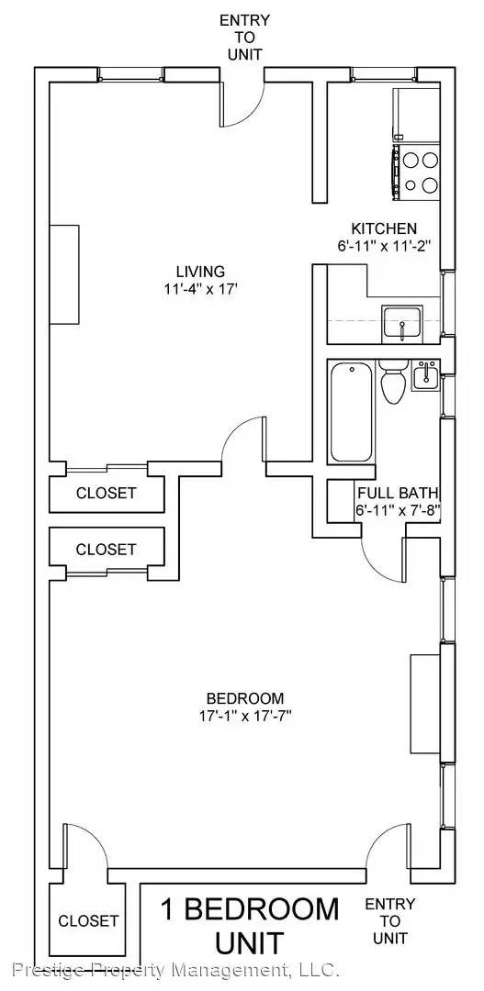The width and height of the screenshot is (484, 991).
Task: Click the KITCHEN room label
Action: pyautogui.click(x=384, y=228)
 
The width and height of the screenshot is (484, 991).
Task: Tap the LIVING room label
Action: pyautogui.click(x=200, y=272)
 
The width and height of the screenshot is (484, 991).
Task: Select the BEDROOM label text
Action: pyautogui.click(x=245, y=698)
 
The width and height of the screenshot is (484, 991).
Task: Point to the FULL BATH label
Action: pyautogui.click(x=398, y=493)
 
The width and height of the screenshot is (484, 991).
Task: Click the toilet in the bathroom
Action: pyautogui.click(x=392, y=382)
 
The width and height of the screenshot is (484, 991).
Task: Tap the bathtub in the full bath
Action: pyautogui.click(x=351, y=411)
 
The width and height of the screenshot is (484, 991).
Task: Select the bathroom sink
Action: pyautogui.click(x=424, y=375)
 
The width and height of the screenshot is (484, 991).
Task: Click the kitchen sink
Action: pyautogui.click(x=402, y=324)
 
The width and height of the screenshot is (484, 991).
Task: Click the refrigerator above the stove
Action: pyautogui.click(x=416, y=115)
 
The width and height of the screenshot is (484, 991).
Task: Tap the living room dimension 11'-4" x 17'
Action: pyautogui.click(x=200, y=289)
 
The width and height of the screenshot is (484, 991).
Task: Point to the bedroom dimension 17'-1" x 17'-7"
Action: pyautogui.click(x=245, y=716)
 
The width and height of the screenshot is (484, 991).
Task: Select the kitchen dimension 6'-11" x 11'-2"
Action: pyautogui.click(x=384, y=246)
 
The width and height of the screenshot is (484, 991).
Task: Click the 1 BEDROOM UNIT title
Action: pyautogui.click(x=249, y=926)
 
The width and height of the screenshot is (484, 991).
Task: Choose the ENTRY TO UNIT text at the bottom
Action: pyautogui.click(x=390, y=921)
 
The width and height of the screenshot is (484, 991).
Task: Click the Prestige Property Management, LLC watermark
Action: pyautogui.click(x=177, y=968)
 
